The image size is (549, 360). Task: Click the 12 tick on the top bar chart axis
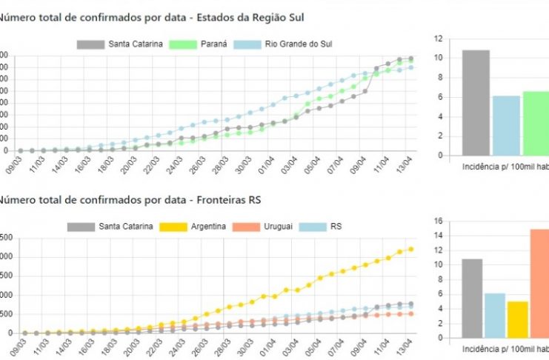click(439, 39)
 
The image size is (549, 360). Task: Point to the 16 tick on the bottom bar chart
click(439, 221)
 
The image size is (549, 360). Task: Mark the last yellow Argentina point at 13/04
click(410, 249)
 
